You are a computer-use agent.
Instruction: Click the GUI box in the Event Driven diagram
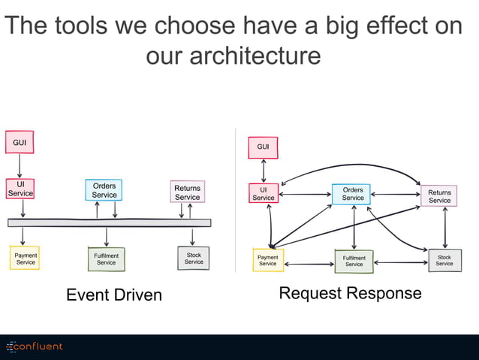coord(20,142)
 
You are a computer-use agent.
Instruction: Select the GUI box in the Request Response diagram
coord(263,147)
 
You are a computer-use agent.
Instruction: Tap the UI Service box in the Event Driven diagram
coord(20,188)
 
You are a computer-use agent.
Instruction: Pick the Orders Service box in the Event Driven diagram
coord(104,190)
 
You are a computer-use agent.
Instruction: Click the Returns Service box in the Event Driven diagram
coord(188,192)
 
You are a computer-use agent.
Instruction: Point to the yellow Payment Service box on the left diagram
coord(26,259)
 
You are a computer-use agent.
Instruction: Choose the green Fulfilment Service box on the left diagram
coord(107,259)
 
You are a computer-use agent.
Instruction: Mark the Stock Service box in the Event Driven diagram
coord(194,259)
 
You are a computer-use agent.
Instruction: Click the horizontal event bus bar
coord(110,222)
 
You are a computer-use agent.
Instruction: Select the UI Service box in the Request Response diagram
coord(264,194)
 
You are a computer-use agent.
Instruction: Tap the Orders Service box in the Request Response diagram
coord(353,194)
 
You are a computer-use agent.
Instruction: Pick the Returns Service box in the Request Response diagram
coord(439,196)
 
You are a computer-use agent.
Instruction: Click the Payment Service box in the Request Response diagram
coord(268,260)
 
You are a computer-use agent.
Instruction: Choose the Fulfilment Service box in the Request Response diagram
coord(354,261)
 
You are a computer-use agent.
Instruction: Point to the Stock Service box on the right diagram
coord(444,260)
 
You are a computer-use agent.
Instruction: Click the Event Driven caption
coord(114,295)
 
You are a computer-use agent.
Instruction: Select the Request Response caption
coord(350,293)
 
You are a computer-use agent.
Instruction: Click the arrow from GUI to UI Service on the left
coord(20,165)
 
